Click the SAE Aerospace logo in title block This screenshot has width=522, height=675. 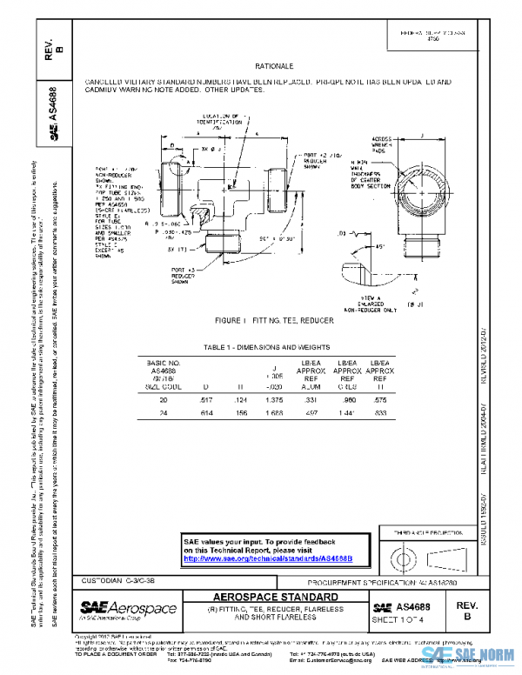(x=128, y=607)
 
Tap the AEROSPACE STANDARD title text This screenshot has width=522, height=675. (x=275, y=597)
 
